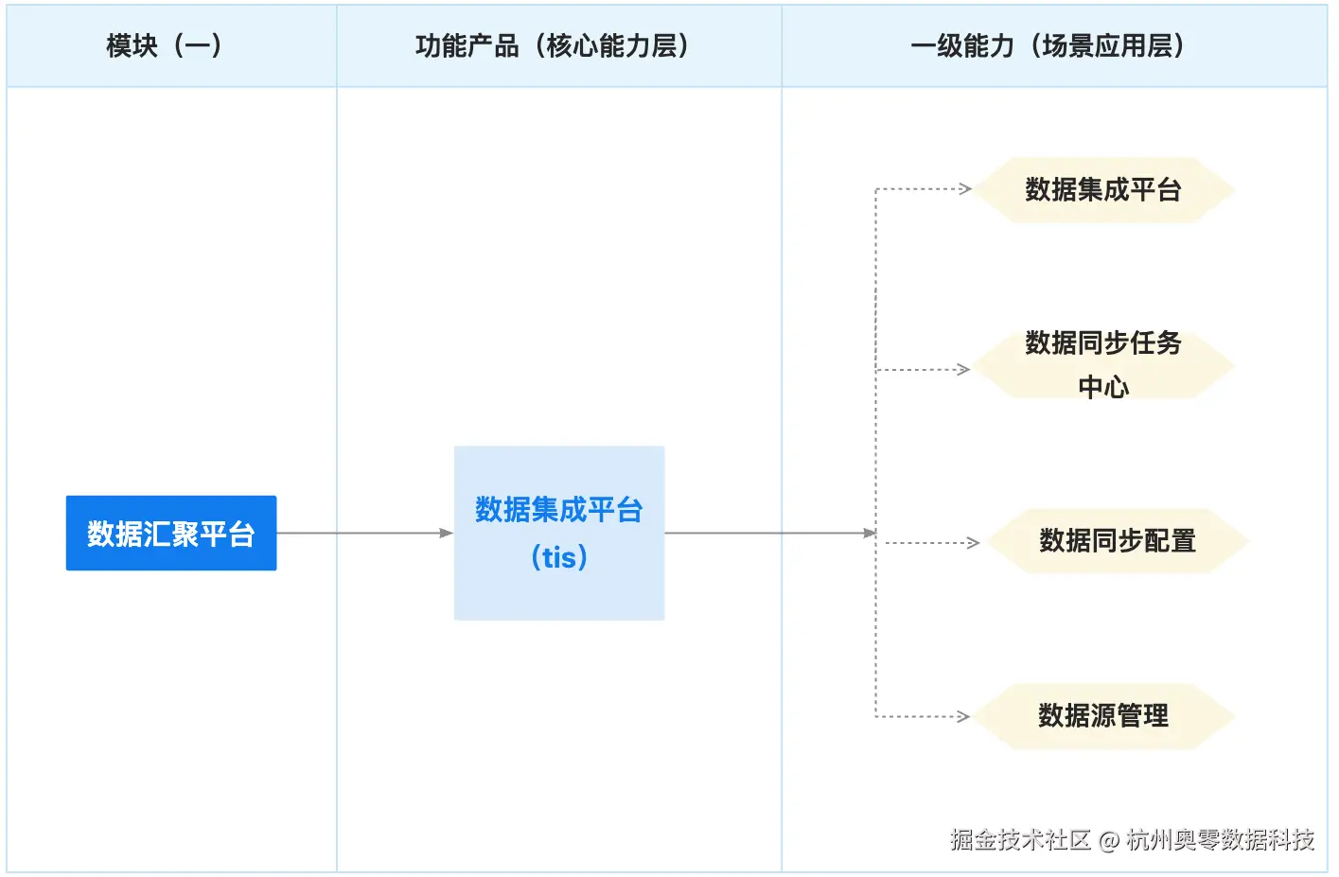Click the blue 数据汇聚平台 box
tap(171, 533)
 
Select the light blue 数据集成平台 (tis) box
tap(558, 533)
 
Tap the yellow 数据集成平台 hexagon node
tap(1103, 190)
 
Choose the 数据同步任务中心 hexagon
tap(1103, 365)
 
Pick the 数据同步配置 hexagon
tap(1118, 541)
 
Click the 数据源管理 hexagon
tap(1103, 716)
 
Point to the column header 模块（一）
tap(165, 45)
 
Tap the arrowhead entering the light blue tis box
tap(447, 533)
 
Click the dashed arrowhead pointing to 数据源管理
tap(964, 716)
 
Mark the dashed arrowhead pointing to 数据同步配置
tap(973, 542)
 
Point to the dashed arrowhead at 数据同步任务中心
tap(964, 369)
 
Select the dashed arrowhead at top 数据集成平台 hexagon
tap(965, 188)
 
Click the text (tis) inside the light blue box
tap(559, 557)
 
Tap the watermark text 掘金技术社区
tap(1020, 839)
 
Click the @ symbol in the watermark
tap(1109, 840)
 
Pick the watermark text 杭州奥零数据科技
tap(1220, 839)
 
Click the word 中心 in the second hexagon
tap(1103, 387)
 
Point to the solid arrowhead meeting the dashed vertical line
tap(871, 533)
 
